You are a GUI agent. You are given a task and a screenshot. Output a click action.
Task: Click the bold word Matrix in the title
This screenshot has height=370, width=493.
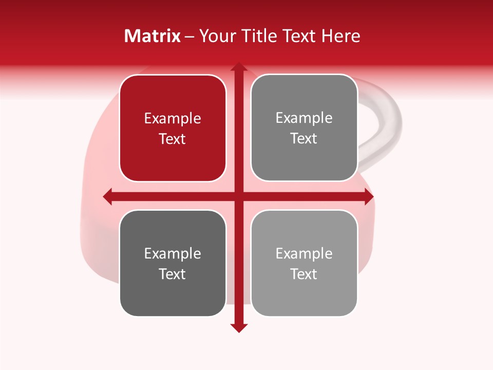pyautogui.click(x=153, y=36)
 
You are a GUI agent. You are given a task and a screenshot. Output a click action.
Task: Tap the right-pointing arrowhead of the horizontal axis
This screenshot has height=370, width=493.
pyautogui.click(x=369, y=196)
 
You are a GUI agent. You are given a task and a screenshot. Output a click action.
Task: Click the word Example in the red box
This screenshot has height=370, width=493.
pyautogui.click(x=173, y=119)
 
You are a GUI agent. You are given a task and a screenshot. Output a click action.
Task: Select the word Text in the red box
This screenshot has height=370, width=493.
pyautogui.click(x=173, y=139)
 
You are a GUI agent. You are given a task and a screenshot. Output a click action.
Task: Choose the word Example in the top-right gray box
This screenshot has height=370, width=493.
pyautogui.click(x=304, y=118)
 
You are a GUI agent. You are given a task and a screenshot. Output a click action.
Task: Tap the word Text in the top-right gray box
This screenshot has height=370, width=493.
pyautogui.click(x=304, y=138)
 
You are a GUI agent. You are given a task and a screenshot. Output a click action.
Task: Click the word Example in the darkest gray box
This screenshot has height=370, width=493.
pyautogui.click(x=173, y=253)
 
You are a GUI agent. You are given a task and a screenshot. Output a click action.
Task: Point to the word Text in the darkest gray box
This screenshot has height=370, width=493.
pyautogui.click(x=173, y=274)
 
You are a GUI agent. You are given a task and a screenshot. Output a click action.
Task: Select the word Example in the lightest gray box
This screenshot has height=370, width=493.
pyautogui.click(x=304, y=253)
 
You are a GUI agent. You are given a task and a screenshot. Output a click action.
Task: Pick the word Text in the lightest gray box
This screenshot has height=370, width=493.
pyautogui.click(x=304, y=274)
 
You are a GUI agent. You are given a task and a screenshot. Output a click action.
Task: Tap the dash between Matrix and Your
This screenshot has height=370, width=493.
pyautogui.click(x=189, y=36)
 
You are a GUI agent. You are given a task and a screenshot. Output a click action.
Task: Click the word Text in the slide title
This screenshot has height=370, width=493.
pyautogui.click(x=300, y=36)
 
